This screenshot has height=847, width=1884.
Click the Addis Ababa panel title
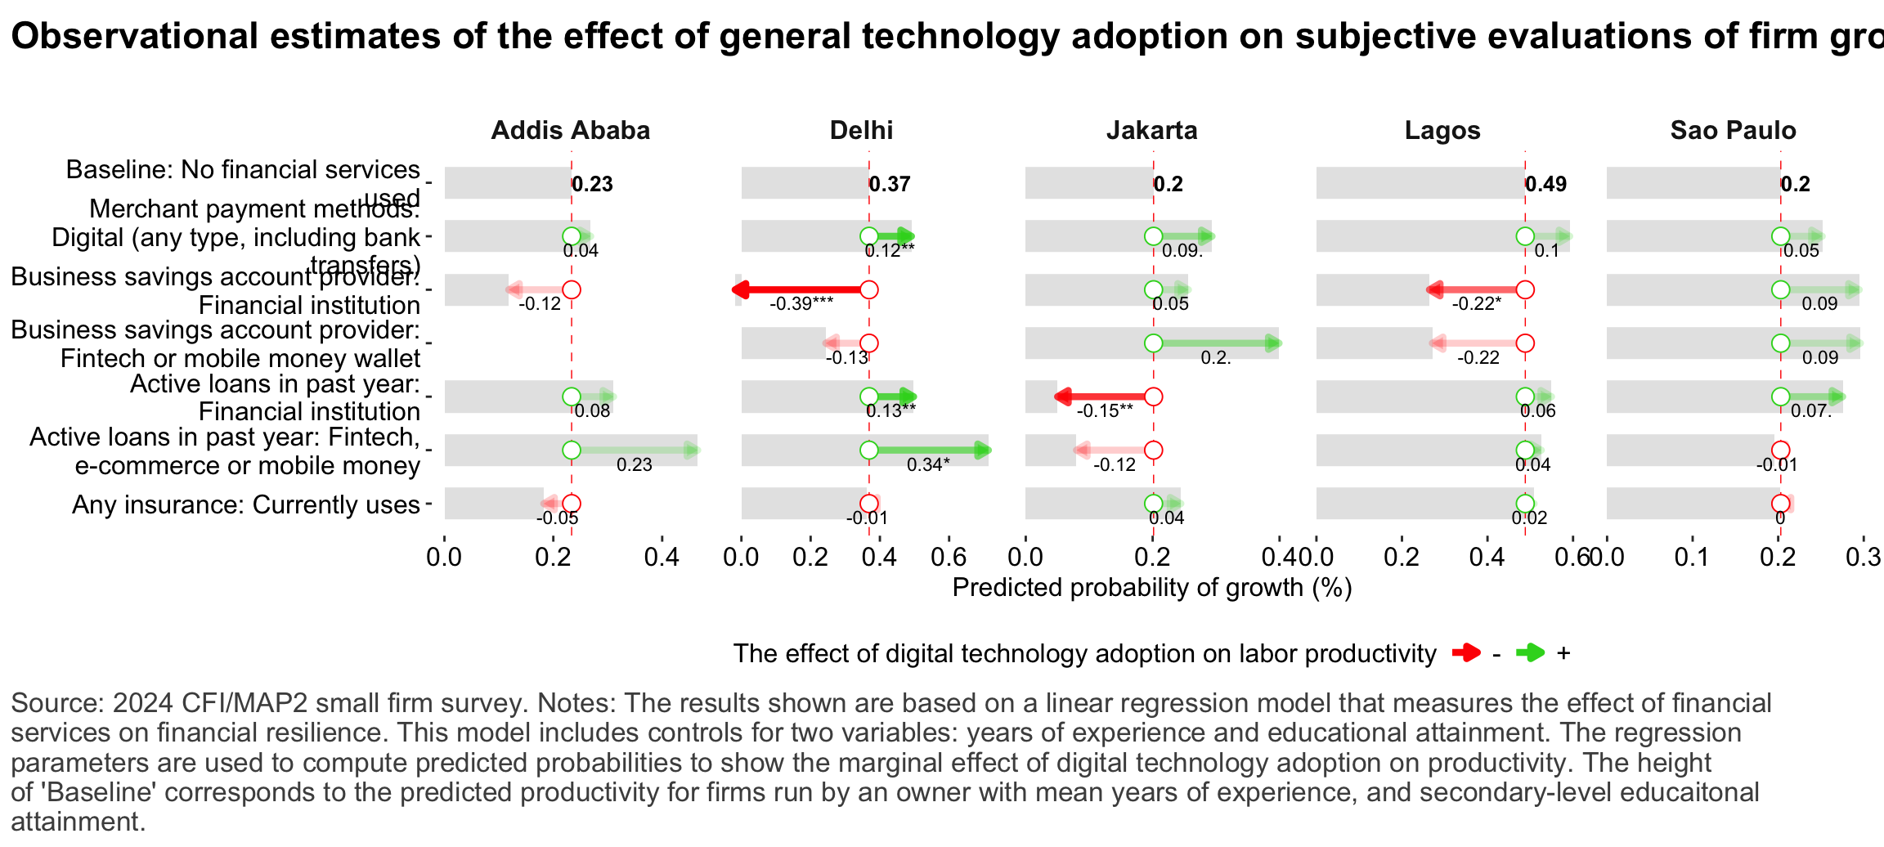(x=570, y=131)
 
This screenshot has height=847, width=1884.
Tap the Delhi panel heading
(x=861, y=131)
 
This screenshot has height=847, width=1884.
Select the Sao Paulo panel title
(x=1733, y=131)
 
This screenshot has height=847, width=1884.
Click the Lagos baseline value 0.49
(x=1546, y=184)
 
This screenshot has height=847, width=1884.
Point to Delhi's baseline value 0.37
(x=890, y=184)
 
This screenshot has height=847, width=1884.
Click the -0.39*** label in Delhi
(x=801, y=304)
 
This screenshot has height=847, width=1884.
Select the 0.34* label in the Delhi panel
(x=928, y=465)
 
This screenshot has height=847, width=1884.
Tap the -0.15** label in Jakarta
(x=1105, y=411)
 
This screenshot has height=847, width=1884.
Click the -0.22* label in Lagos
(x=1477, y=304)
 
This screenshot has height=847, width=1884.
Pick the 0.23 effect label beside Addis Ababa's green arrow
(x=634, y=465)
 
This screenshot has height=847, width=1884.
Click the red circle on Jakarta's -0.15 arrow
(x=1153, y=397)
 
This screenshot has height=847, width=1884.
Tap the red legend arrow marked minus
(x=1466, y=652)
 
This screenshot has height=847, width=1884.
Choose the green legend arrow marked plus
(x=1530, y=652)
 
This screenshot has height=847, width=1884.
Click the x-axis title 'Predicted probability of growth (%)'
(x=1152, y=588)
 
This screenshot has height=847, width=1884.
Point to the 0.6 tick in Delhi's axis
(x=949, y=558)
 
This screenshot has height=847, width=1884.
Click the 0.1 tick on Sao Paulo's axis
(x=1692, y=558)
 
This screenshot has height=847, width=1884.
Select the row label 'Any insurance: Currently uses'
(x=246, y=504)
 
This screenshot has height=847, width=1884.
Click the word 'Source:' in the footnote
(x=56, y=703)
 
